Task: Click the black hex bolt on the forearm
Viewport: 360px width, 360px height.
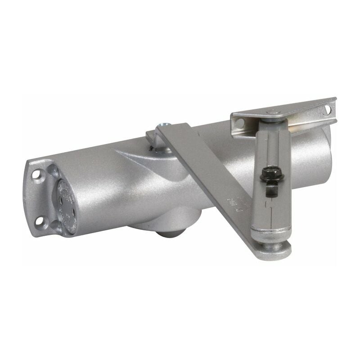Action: (269, 175)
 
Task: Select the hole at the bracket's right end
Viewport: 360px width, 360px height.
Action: (327, 109)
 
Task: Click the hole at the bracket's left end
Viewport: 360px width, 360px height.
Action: (239, 122)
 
